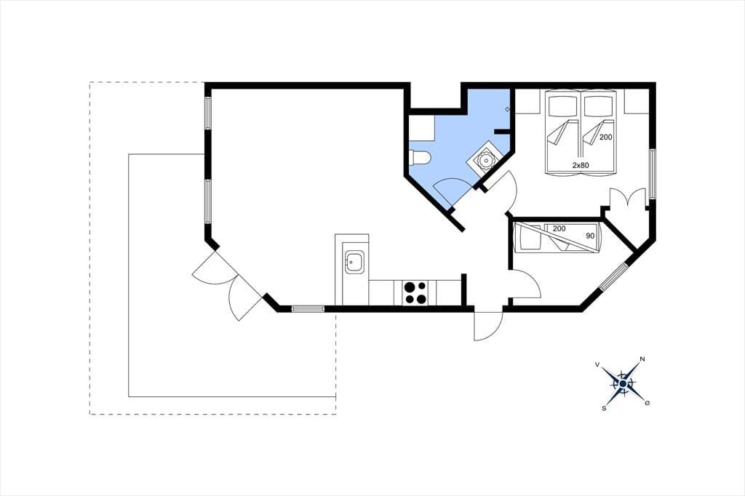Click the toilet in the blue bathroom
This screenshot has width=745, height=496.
point(420,158)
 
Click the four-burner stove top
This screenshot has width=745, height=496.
point(414,293)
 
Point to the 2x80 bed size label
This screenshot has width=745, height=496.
point(581,165)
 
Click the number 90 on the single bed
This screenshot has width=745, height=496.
point(590,236)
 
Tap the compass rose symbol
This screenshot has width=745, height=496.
point(622,383)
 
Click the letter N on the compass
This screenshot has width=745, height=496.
point(642,359)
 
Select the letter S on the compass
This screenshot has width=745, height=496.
point(604,407)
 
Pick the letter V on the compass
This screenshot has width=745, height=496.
point(597,365)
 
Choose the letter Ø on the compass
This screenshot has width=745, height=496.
point(647,403)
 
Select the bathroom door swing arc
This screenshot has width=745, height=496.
point(451,189)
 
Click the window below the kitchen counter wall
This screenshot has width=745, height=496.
point(308,308)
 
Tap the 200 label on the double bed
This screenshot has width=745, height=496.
point(606,137)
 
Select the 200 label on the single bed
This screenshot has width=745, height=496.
point(559,228)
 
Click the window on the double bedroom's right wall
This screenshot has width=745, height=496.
point(653,174)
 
